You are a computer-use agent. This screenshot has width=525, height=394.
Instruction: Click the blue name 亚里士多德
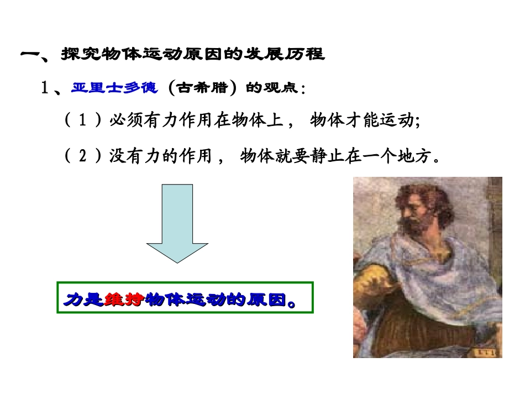(114, 88)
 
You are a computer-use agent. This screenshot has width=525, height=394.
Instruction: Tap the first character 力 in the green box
(73, 300)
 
